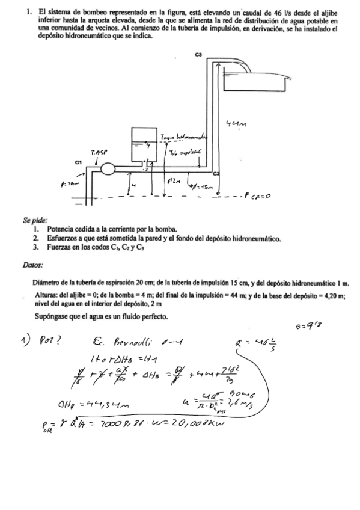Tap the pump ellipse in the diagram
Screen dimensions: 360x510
tap(108, 169)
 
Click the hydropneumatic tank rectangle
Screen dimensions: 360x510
tap(144, 146)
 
